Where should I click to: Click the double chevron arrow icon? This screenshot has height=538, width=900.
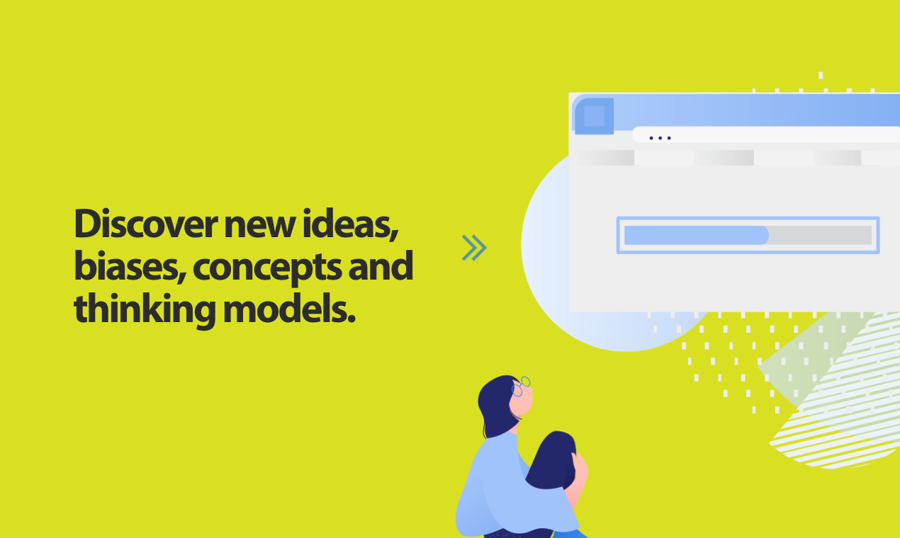pos(474,247)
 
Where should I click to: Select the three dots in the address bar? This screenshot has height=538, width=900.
pos(660,138)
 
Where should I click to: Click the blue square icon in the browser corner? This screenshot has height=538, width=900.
pos(594,116)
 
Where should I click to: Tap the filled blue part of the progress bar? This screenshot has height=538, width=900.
pos(694,235)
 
